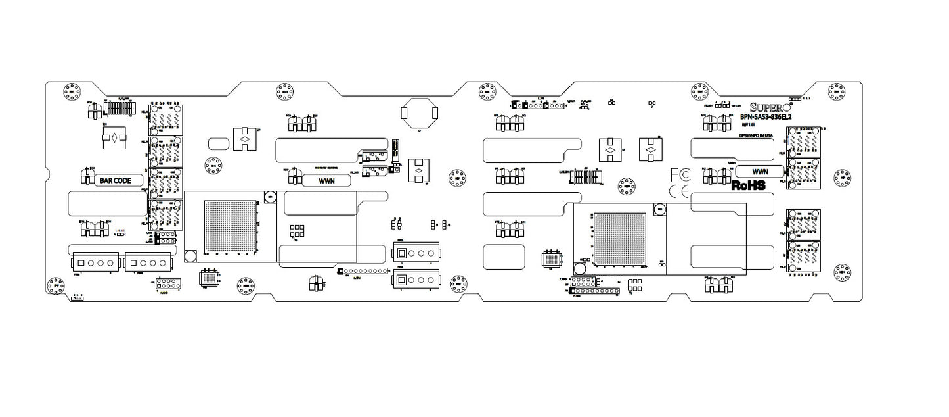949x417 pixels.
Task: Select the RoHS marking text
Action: (x=749, y=186)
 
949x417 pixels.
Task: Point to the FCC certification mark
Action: (x=680, y=175)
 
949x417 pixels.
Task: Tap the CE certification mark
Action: (x=679, y=191)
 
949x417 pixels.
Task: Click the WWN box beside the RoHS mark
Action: (x=760, y=171)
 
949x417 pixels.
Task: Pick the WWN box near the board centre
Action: (x=326, y=180)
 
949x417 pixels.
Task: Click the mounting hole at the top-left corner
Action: (x=71, y=92)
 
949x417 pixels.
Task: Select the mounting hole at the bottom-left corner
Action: (x=55, y=285)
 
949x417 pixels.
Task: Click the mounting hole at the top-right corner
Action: (x=836, y=92)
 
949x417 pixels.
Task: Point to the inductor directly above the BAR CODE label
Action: (x=114, y=138)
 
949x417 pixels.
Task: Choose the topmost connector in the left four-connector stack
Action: (x=166, y=119)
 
